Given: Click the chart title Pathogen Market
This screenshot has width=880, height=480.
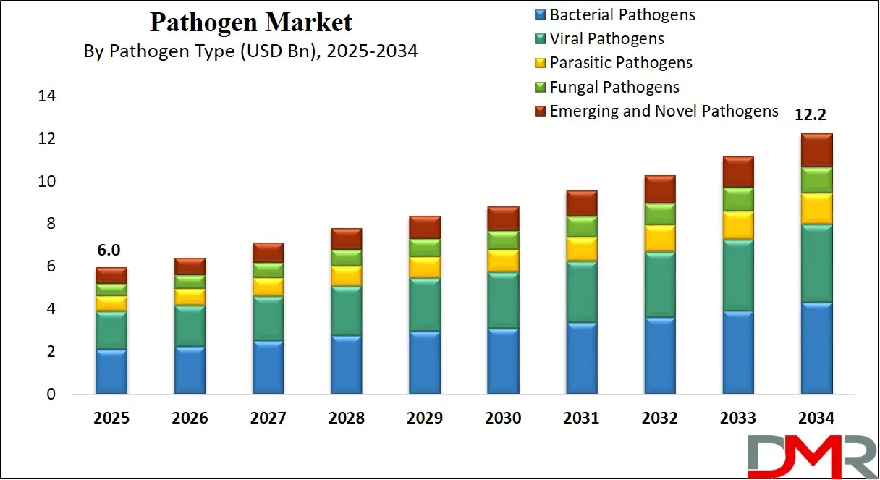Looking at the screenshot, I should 250,22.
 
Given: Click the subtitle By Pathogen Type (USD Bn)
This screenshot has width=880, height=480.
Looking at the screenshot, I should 250,51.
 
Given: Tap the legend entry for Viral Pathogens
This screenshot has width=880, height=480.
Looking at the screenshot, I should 606,38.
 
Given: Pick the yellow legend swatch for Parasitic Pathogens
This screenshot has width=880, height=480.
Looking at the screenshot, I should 540,63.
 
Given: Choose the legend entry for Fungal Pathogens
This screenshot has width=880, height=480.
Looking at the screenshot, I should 614,87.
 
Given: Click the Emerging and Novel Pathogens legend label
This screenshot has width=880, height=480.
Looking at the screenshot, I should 664,111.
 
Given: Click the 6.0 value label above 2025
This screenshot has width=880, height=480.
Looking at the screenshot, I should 109,250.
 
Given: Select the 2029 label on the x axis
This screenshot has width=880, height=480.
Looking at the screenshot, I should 424,418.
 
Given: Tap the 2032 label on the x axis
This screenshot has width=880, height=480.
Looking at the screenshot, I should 659,418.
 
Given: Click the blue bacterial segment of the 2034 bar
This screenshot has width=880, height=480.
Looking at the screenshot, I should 816,348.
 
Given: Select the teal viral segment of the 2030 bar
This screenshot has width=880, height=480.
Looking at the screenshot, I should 503,300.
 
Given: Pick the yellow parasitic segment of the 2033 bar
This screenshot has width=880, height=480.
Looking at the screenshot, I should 738,225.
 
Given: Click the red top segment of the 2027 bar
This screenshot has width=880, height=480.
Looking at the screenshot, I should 268,252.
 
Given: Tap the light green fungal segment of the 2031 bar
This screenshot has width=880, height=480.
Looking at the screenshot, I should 581,227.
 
